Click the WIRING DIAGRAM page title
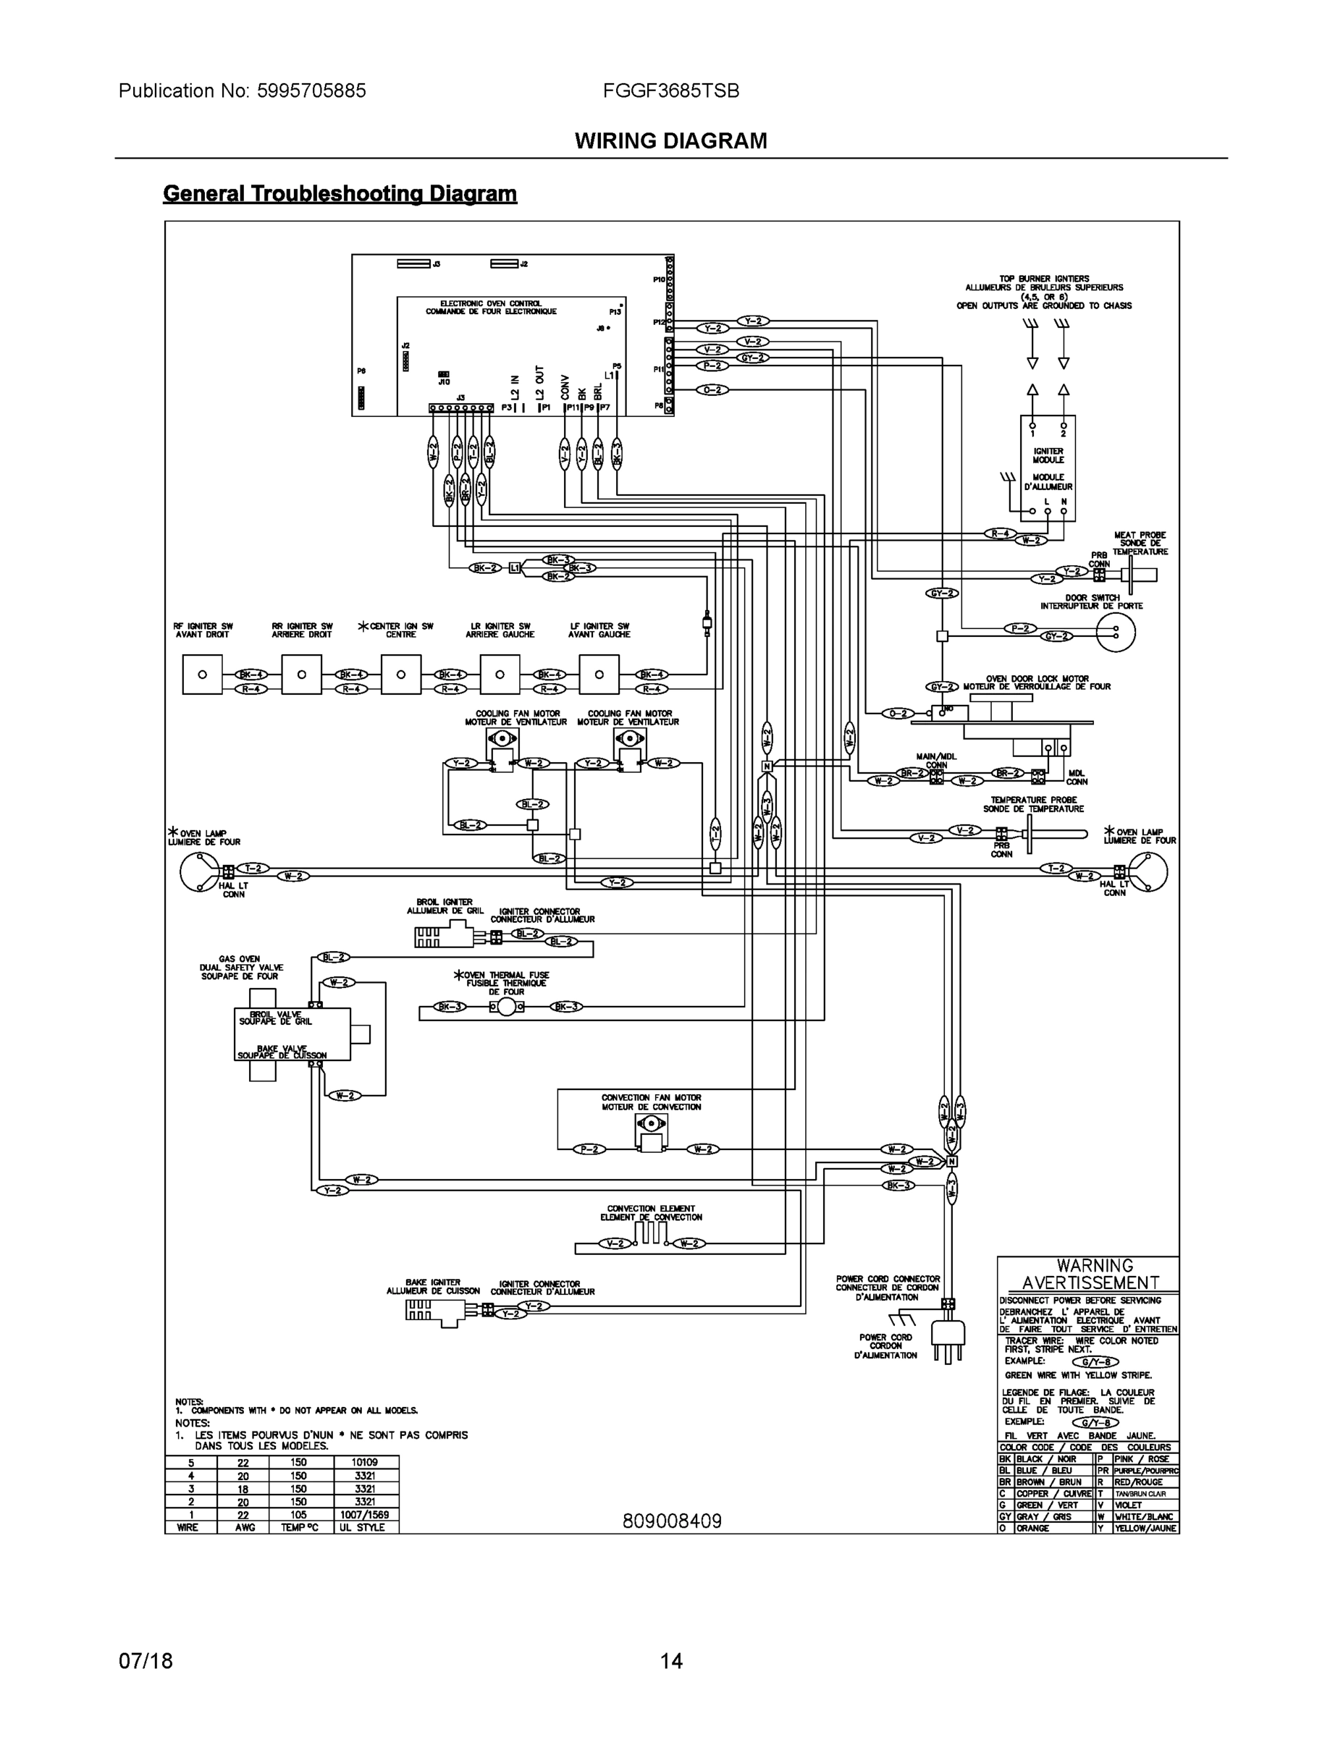670,141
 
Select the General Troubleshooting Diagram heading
340,193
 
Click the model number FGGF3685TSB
670,90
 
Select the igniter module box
1048,468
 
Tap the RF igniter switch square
202,675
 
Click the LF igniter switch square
598,675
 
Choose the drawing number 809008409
672,1521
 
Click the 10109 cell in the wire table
364,1462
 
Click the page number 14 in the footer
670,1661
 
